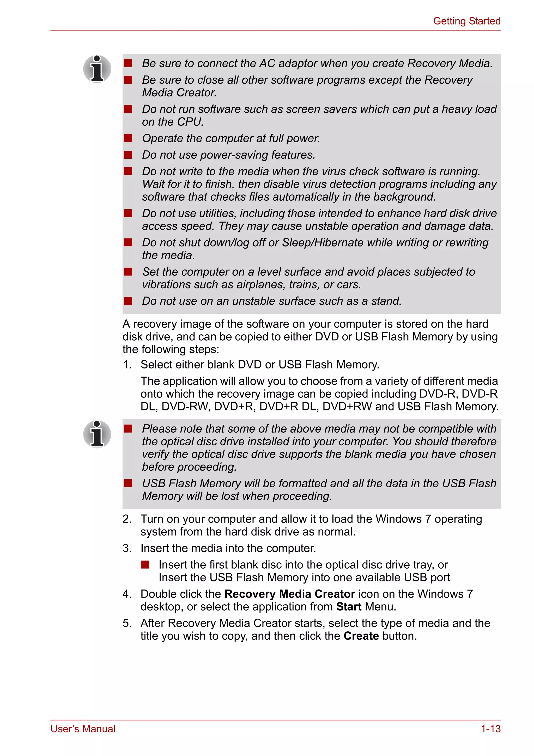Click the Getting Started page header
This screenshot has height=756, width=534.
(466, 21)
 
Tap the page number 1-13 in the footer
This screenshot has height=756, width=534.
(490, 729)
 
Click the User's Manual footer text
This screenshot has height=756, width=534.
(83, 729)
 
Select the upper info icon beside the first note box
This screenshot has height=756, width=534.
(97, 69)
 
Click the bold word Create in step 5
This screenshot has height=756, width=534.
(361, 636)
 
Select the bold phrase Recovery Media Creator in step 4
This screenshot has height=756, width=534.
(290, 594)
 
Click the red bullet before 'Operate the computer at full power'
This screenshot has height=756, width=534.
(128, 138)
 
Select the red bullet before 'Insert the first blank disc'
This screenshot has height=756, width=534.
(145, 565)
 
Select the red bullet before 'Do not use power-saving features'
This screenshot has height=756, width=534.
(128, 155)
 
